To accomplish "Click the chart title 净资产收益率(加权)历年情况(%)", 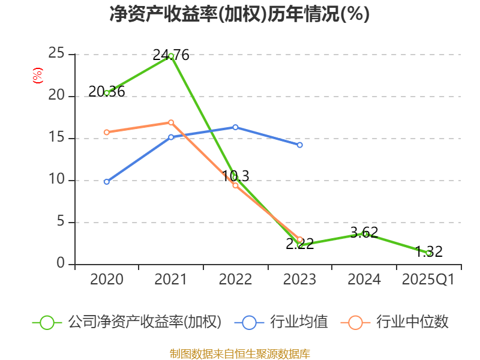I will click(x=239, y=14).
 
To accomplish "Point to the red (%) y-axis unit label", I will click(x=37, y=76).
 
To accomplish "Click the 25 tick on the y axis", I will click(x=56, y=54).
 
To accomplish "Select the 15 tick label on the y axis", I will click(x=56, y=138).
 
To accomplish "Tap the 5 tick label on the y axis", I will click(x=60, y=222).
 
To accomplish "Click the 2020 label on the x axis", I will click(x=106, y=280).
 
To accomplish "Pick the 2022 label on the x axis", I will click(x=235, y=280).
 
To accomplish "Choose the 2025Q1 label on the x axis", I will click(x=428, y=280).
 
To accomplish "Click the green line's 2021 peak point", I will click(x=171, y=56).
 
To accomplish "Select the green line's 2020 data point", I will click(x=107, y=93).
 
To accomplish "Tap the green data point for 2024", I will click(x=364, y=233).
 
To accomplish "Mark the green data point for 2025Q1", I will click(x=428, y=253).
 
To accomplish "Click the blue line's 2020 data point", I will click(x=107, y=181).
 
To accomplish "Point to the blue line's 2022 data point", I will click(x=235, y=127).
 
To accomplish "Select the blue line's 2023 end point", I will click(x=299, y=145).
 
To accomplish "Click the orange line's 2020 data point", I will click(x=107, y=132).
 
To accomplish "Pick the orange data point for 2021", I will click(x=171, y=122).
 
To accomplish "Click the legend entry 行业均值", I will click(x=286, y=322).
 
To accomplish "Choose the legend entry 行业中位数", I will click(x=396, y=322).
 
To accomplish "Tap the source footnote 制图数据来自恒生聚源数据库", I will click(x=239, y=353).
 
